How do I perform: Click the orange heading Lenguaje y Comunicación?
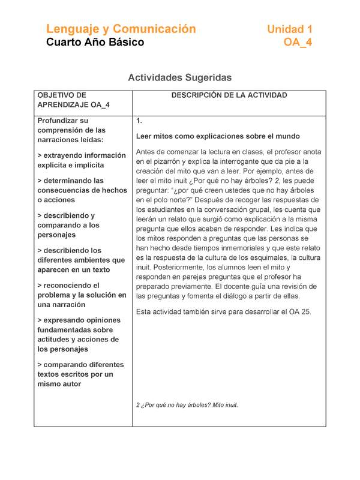[x=121, y=29]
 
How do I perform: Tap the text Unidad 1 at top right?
[x=289, y=29]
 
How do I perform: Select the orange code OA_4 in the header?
[x=298, y=43]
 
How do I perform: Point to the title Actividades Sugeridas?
[x=179, y=77]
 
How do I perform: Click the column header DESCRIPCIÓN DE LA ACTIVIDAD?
[x=229, y=95]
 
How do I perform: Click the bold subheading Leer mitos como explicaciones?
[x=218, y=136]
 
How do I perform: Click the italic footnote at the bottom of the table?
[x=187, y=405]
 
